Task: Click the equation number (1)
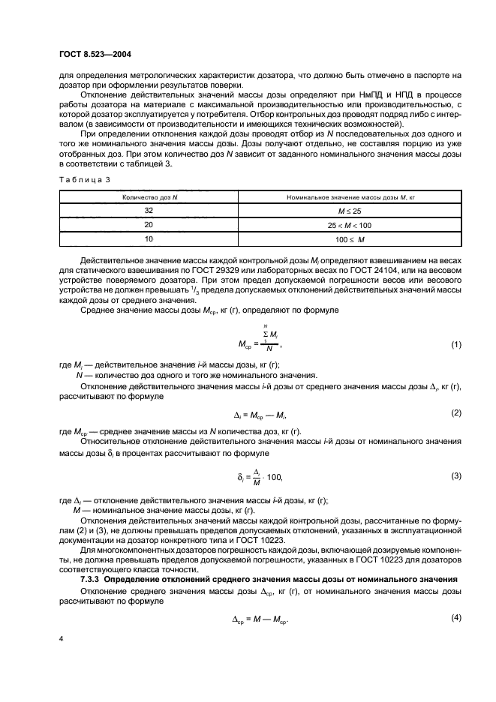pos(455,344)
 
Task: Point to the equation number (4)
pos(455,616)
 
